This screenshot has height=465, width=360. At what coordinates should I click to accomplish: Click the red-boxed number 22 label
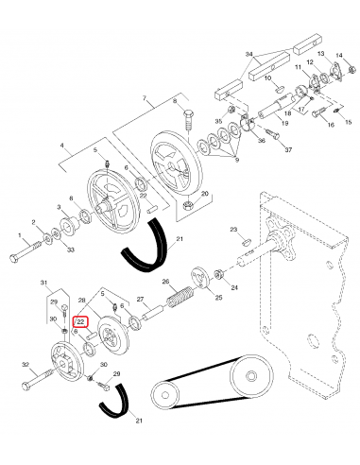80,322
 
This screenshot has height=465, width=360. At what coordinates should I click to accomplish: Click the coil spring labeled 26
180,297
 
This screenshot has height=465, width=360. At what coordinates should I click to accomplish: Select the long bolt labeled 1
26,250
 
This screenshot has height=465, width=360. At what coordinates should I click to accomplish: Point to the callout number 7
145,98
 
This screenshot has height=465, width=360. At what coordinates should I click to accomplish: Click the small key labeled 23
246,242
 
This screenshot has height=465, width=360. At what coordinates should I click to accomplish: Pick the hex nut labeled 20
188,207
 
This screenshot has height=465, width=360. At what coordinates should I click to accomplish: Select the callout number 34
249,54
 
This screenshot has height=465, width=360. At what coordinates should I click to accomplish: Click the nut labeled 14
351,69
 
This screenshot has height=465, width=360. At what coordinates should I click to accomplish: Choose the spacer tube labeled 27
152,313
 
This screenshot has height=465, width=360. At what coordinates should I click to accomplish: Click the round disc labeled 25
199,277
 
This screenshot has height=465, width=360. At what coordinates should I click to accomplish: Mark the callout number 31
43,282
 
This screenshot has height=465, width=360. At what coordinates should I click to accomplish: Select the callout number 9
237,160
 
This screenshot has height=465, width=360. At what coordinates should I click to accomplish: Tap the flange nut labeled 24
218,274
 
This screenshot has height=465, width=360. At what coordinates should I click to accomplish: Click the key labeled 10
279,88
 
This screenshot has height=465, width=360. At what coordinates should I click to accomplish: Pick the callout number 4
62,146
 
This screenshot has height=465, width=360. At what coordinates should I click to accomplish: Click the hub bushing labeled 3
68,224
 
